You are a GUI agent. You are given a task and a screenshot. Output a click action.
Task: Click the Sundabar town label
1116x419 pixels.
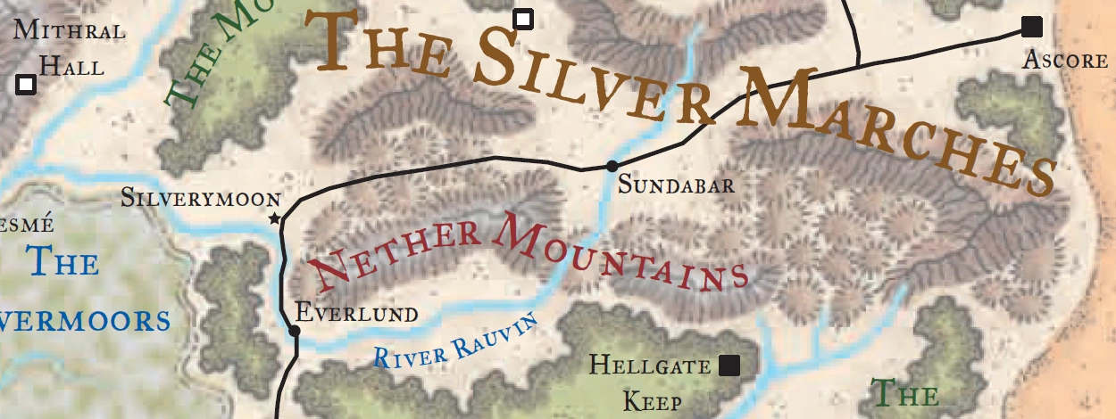(x=677, y=185)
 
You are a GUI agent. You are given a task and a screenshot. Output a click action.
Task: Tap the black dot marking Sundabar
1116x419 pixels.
(x=612, y=166)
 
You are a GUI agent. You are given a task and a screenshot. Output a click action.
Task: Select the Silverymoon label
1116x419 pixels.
(x=201, y=198)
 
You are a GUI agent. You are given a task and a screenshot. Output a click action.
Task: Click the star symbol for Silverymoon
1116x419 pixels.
(x=274, y=219)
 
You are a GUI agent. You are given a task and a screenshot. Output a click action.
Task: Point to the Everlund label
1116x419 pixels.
(x=356, y=313)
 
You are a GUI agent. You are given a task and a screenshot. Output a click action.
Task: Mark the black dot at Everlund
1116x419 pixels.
(x=295, y=332)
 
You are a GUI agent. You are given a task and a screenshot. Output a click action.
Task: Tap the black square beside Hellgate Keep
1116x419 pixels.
(x=729, y=365)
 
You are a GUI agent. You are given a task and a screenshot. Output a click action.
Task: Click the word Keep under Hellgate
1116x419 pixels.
(x=653, y=401)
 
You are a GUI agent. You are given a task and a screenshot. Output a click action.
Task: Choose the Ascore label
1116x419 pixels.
(x=1065, y=61)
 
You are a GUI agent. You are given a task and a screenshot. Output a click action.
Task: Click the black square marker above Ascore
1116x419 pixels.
(x=1032, y=27)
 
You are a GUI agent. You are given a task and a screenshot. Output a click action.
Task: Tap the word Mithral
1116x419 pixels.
(x=69, y=30)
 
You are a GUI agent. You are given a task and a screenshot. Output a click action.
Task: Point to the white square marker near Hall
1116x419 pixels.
(x=26, y=84)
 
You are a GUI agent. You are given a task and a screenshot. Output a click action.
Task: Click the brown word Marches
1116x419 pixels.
(x=893, y=134)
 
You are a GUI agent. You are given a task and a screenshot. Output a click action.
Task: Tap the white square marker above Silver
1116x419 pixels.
(x=523, y=19)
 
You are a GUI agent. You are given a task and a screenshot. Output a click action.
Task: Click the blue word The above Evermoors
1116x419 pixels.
(x=62, y=262)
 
